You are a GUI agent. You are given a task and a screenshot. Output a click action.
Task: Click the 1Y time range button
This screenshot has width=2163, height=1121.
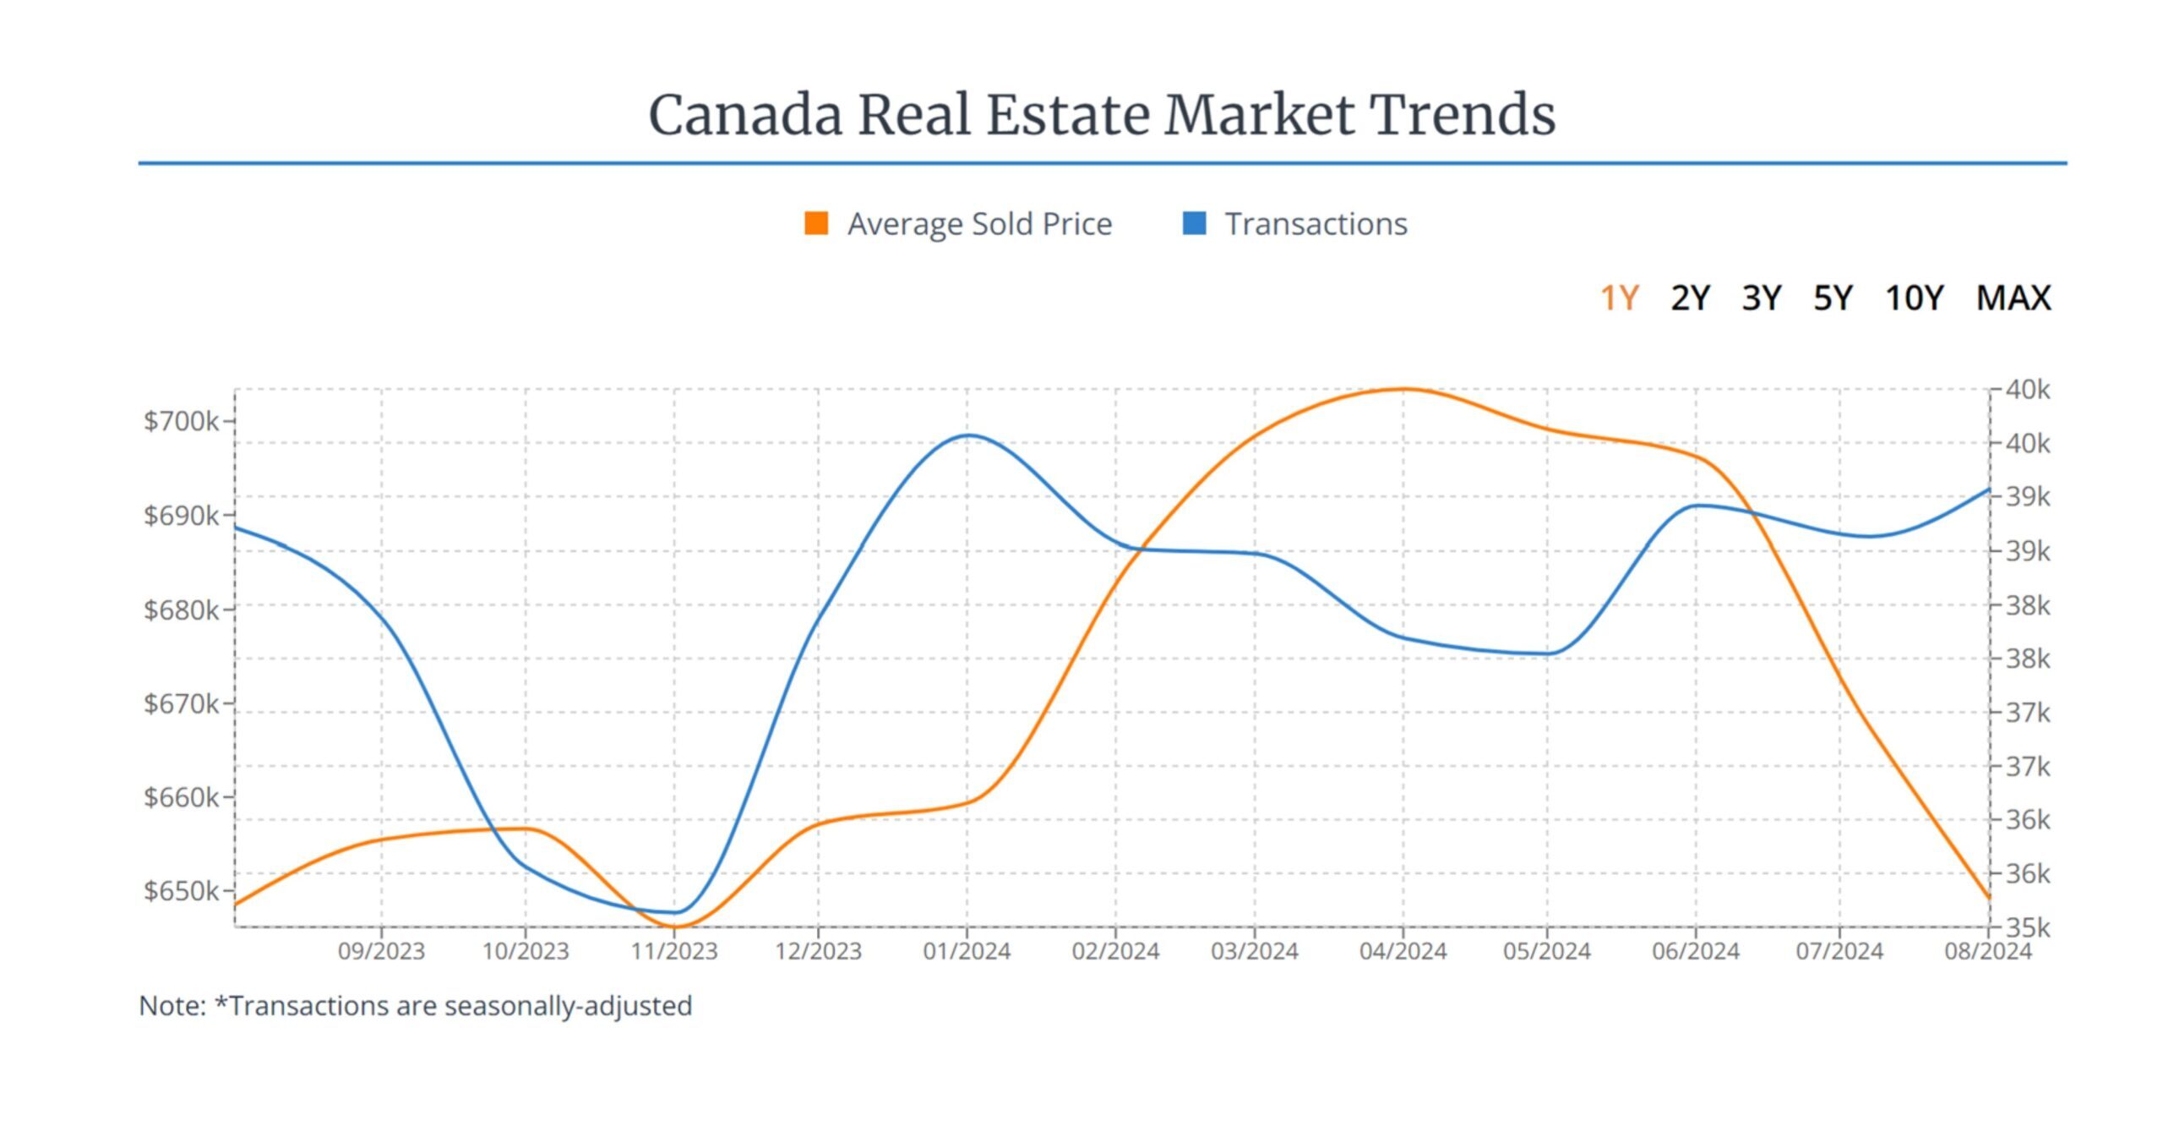(1619, 298)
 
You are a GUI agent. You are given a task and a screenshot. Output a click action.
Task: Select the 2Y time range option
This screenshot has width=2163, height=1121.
(1690, 298)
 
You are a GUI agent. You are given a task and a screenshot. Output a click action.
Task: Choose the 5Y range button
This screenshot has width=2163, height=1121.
(1833, 298)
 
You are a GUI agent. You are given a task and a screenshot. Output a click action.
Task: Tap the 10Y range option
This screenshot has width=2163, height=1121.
(1914, 298)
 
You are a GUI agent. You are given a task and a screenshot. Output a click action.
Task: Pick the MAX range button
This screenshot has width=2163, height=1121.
(2013, 298)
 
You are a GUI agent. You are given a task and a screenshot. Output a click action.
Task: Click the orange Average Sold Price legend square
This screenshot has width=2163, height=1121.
(816, 223)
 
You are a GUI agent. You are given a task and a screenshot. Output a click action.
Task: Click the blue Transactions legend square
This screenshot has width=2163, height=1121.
(1194, 223)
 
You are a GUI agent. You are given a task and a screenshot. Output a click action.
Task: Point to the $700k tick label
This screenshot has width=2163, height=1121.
(181, 421)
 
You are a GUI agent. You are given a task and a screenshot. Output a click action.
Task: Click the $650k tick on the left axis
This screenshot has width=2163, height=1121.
(181, 891)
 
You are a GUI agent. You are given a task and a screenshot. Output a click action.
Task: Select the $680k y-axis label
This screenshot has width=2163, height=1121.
(181, 610)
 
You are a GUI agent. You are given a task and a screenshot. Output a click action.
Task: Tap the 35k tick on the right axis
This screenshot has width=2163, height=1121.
(2028, 928)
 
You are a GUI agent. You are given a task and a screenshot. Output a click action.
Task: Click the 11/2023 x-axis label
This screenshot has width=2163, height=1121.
(674, 952)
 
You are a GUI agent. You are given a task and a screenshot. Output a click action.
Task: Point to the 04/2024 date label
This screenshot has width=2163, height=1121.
(1403, 952)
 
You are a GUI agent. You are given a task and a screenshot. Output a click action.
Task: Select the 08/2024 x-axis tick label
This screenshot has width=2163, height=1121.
(1987, 952)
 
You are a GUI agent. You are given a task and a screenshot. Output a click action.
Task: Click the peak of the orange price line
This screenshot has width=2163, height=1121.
(1403, 389)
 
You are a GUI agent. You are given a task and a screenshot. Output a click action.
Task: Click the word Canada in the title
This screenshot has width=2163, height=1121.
(744, 115)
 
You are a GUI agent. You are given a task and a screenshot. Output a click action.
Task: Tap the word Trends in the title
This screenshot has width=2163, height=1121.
(1463, 115)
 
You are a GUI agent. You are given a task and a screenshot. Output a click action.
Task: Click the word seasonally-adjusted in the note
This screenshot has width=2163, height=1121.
(568, 1006)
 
